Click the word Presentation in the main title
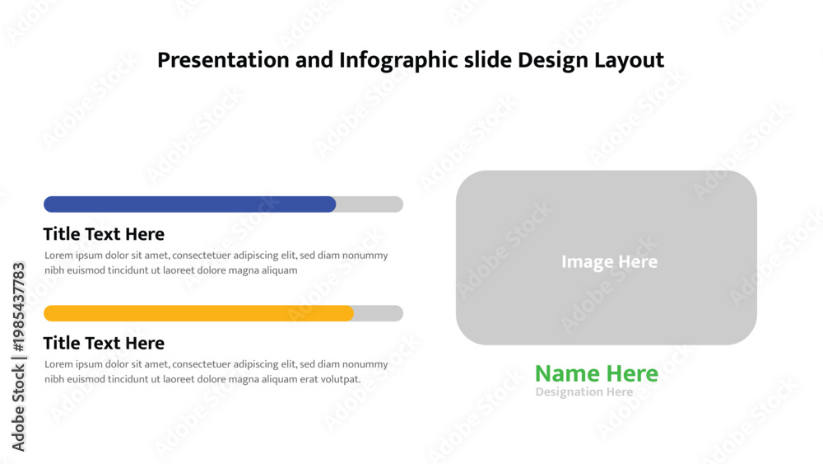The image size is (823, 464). click(x=223, y=60)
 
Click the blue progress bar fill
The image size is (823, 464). click(x=189, y=204)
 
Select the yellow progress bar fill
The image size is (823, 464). click(x=198, y=313)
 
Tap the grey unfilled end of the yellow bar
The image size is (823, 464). click(x=379, y=313)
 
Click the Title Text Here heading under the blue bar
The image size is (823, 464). click(x=104, y=234)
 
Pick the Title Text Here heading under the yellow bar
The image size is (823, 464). click(x=104, y=343)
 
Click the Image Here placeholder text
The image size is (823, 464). click(x=609, y=262)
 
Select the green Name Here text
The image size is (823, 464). click(x=596, y=373)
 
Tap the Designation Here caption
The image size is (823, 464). click(x=584, y=392)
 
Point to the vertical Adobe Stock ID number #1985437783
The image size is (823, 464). click(x=18, y=307)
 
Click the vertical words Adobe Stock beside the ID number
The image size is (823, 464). click(x=18, y=408)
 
